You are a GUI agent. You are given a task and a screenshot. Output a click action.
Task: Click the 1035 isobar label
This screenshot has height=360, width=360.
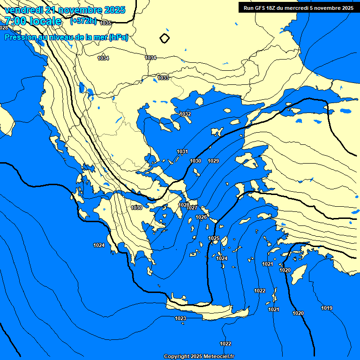[105, 23]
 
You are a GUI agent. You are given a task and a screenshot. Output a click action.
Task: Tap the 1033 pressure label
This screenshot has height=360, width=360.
[163, 78]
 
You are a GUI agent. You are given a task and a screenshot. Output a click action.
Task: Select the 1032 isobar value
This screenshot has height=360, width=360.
[185, 114]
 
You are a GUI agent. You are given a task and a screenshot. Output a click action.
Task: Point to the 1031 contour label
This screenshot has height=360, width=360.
[182, 151]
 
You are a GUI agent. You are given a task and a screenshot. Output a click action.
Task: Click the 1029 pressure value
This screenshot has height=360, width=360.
[213, 161]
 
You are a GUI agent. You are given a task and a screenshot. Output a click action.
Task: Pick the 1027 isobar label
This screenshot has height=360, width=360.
[192, 208]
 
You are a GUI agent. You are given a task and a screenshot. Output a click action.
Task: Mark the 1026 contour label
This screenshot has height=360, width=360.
[201, 217]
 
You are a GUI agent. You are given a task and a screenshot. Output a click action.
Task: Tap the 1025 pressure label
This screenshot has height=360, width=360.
[214, 239]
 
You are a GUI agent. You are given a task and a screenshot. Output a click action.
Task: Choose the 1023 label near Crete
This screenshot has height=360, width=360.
[180, 319]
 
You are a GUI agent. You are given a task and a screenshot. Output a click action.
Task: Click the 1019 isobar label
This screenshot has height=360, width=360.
[327, 308]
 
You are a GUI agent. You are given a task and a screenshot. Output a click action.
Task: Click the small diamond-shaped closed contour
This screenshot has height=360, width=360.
[164, 38]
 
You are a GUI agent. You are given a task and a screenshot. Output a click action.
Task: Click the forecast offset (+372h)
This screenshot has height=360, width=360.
[83, 21]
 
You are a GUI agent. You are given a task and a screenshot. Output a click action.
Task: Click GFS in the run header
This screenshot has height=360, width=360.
[263, 7]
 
